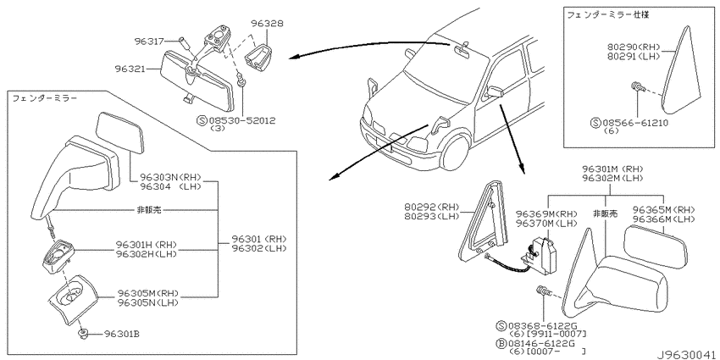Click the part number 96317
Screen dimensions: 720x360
[x=149, y=42]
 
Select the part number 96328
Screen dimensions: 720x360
[x=267, y=23]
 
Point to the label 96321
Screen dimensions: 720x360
[x=130, y=69]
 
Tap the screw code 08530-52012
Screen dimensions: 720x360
[x=242, y=121]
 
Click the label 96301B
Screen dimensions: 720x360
[x=122, y=334]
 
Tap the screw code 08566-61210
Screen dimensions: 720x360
[x=635, y=123]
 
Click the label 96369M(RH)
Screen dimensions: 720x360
[x=547, y=214]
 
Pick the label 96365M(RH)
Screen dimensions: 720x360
[x=664, y=210]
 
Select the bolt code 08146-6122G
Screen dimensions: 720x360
[x=541, y=343]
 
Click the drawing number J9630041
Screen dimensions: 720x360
[x=686, y=355]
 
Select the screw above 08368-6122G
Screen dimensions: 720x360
[x=542, y=293]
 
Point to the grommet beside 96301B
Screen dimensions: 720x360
[x=83, y=333]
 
